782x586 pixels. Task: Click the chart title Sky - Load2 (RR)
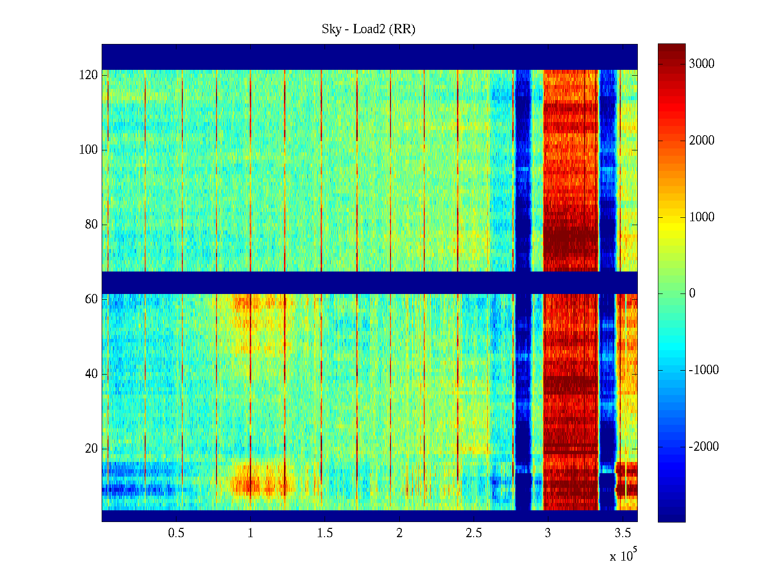point(369,29)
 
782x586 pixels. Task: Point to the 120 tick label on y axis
point(88,75)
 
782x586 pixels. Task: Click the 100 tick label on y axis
point(88,150)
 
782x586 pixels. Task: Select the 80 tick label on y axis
point(91,225)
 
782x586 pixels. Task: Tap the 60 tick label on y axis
point(91,299)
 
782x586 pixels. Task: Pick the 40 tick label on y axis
point(91,374)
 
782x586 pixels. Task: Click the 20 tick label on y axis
point(91,449)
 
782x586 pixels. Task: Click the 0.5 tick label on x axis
point(176,533)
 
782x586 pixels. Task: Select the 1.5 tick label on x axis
point(325,533)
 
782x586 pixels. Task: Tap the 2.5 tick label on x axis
point(474,533)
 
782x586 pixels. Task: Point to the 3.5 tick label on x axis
point(623,533)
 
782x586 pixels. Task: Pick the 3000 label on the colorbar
point(701,64)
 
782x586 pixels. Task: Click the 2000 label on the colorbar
point(701,141)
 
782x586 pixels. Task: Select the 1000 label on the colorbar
point(701,217)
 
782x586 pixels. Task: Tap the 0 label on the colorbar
point(692,293)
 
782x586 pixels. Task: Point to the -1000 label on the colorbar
point(703,370)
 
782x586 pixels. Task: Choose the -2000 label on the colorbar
point(703,447)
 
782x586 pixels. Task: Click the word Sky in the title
point(331,29)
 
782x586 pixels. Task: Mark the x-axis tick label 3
point(548,533)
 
